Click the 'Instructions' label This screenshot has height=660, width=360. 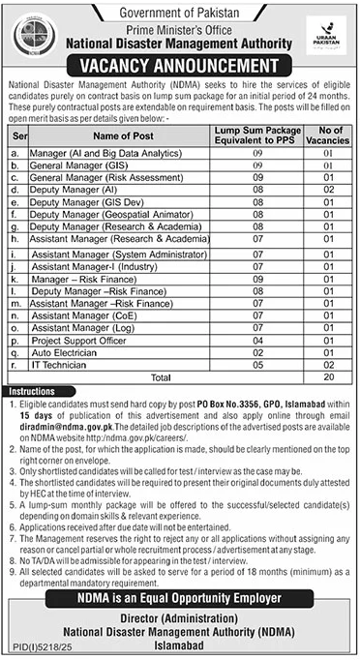(x=32, y=390)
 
